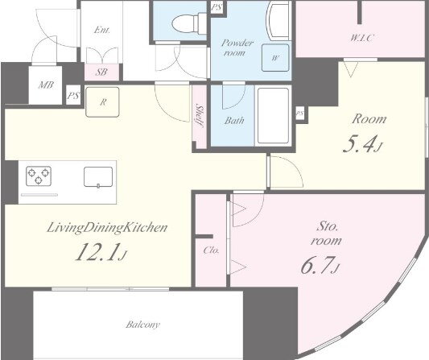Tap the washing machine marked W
[275, 58]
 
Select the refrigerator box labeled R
[102, 101]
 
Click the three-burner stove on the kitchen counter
[39, 176]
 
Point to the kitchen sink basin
[98, 177]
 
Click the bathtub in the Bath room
[273, 115]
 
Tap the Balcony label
[142, 325]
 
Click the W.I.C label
[361, 38]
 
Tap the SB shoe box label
[101, 72]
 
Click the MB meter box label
[46, 85]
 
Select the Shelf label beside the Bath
[200, 115]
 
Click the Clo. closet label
[211, 250]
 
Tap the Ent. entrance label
[101, 30]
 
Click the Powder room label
[237, 48]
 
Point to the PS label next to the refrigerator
[73, 96]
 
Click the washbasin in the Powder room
[278, 21]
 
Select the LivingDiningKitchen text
[107, 228]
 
